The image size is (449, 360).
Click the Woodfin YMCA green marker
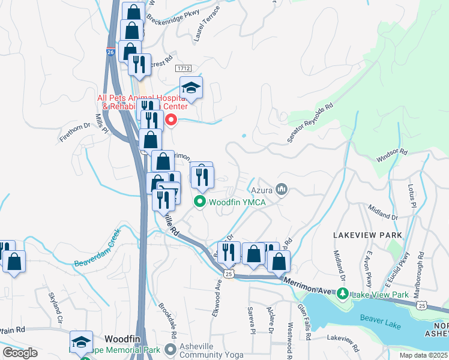coord(200,202)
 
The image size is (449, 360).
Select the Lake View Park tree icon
coord(343,294)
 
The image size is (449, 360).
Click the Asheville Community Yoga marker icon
coord(171,349)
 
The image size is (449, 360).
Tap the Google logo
coord(20,353)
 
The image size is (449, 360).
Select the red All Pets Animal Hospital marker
coord(170,121)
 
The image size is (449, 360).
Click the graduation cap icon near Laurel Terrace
coord(191,88)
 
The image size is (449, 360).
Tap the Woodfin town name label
coord(122,338)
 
